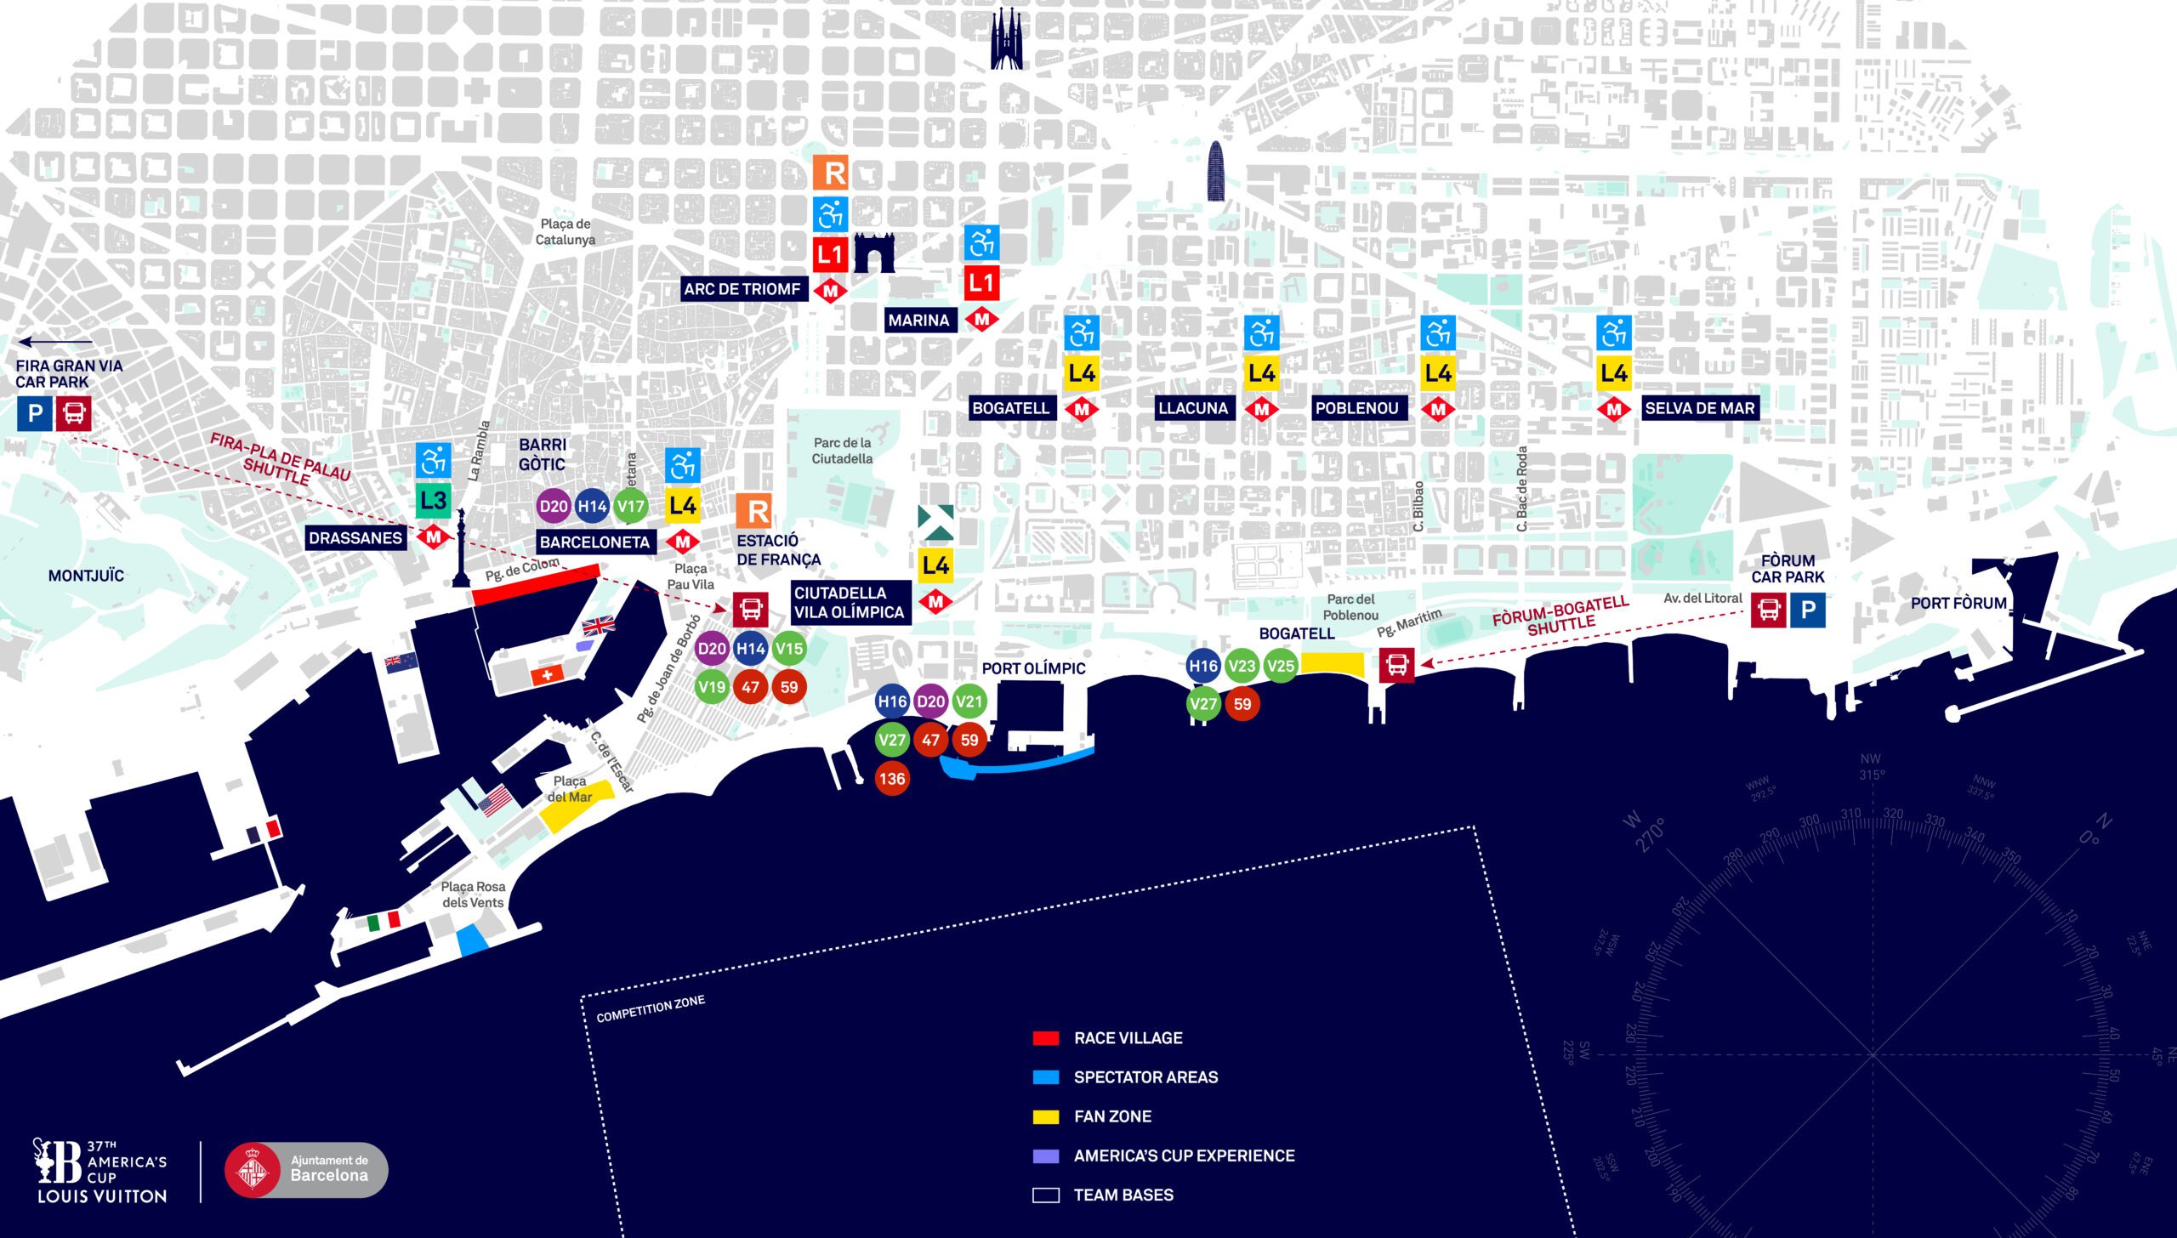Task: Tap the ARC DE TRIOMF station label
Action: tap(742, 289)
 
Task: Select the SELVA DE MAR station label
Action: tap(1699, 408)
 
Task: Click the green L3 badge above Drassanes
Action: tap(433, 500)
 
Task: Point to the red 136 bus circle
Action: tap(892, 778)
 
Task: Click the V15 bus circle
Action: tap(788, 649)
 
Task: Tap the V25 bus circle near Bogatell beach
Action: tap(1281, 666)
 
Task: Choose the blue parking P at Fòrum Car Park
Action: tap(1807, 610)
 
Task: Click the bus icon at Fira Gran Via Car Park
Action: tap(74, 413)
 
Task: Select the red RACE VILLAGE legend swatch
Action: tap(1045, 1038)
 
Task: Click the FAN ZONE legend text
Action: tap(1112, 1116)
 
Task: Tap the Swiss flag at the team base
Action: tap(547, 675)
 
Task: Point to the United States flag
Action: tap(495, 800)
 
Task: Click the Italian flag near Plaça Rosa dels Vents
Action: tap(384, 920)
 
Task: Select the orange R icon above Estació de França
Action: tap(753, 511)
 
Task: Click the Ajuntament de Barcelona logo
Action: tap(306, 1169)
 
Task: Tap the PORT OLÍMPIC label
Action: tap(1033, 668)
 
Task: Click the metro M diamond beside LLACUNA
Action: tap(1261, 409)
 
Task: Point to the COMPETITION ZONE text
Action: tap(651, 1008)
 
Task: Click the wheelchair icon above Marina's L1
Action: tap(981, 244)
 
